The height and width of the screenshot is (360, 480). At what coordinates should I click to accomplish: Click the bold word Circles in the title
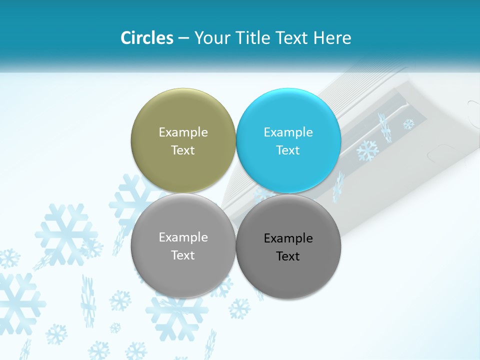click(x=147, y=38)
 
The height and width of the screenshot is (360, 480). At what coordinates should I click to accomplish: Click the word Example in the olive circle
click(x=183, y=132)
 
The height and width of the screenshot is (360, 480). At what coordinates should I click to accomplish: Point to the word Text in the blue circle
click(x=288, y=150)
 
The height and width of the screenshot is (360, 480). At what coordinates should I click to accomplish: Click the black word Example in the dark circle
click(x=288, y=238)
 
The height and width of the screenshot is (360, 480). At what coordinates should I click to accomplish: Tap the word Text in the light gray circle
click(x=183, y=255)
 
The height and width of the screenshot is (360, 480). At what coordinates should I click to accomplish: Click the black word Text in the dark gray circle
click(x=288, y=256)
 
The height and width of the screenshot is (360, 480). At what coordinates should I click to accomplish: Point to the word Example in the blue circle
click(x=288, y=132)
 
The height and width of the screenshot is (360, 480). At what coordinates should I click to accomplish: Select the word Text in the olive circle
click(x=183, y=150)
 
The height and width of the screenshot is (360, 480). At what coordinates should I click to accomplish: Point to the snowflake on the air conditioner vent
click(x=367, y=150)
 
